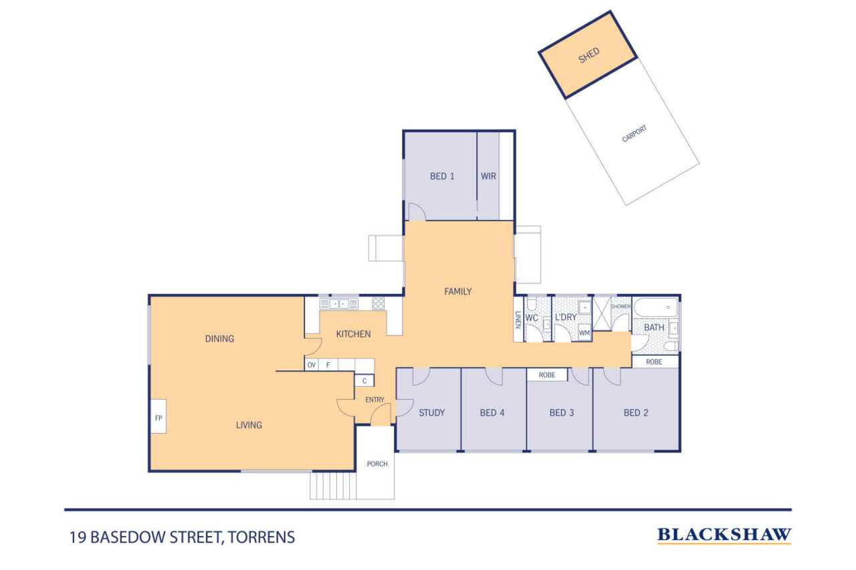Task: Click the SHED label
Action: pos(588,55)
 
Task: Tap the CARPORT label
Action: pos(634,134)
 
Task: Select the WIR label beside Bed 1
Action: pos(488,176)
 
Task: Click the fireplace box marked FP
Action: pos(158,416)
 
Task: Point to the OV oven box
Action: pos(312,365)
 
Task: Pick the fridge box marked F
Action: pos(328,365)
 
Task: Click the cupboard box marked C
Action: pos(364,381)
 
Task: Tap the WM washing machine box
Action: pos(584,333)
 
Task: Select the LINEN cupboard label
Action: pos(518,320)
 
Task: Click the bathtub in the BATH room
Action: pos(656,307)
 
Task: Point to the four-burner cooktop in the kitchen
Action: pos(378,303)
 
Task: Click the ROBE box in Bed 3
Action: pos(547,375)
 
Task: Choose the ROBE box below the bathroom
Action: pos(654,362)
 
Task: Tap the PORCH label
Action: pos(377,464)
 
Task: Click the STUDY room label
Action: pos(431,413)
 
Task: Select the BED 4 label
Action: pos(492,413)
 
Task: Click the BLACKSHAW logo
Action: pos(724,535)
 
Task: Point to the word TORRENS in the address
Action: pos(261,537)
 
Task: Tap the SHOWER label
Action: pos(621,306)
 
